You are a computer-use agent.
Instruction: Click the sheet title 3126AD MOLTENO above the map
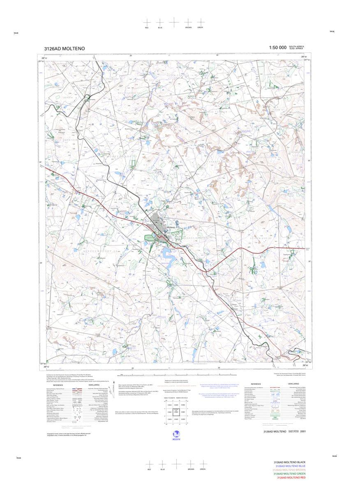(x=65, y=49)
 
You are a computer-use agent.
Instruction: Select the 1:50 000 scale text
(x=277, y=48)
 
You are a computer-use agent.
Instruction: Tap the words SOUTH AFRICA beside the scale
(x=296, y=46)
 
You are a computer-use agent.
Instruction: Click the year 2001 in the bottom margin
(x=303, y=432)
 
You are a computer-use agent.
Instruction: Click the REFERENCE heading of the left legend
(x=58, y=385)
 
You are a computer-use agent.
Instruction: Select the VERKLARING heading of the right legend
(x=293, y=384)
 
